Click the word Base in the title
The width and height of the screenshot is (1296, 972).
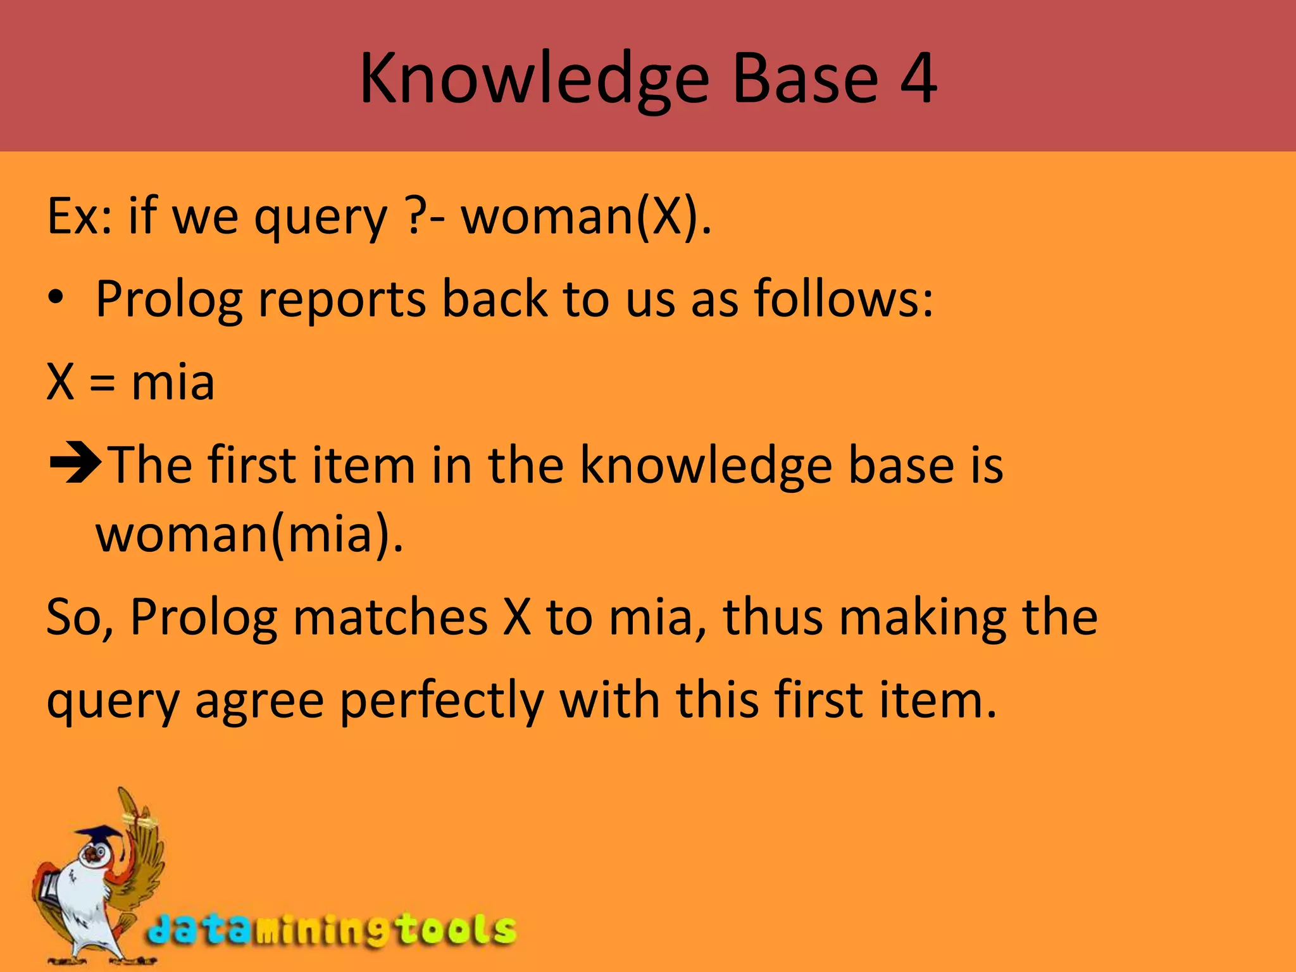[805, 78]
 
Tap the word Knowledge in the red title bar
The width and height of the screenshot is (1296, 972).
[535, 80]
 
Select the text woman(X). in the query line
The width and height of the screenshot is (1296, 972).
[586, 216]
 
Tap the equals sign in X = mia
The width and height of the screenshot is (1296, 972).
[102, 383]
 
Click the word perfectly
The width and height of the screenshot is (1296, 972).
[441, 701]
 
